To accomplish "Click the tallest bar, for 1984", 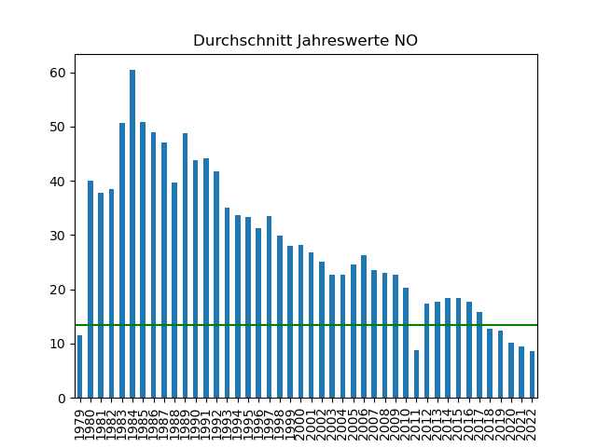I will click(x=132, y=234).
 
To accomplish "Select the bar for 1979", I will click(x=80, y=367).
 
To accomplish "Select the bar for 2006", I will click(x=364, y=327).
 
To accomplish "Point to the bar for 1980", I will click(x=90, y=290).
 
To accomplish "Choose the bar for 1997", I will click(x=269, y=307).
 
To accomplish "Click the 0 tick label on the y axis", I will click(x=62, y=399).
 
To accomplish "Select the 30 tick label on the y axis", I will click(x=58, y=236).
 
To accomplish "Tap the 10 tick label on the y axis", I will click(x=58, y=345).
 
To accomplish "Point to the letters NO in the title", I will click(x=406, y=41).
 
